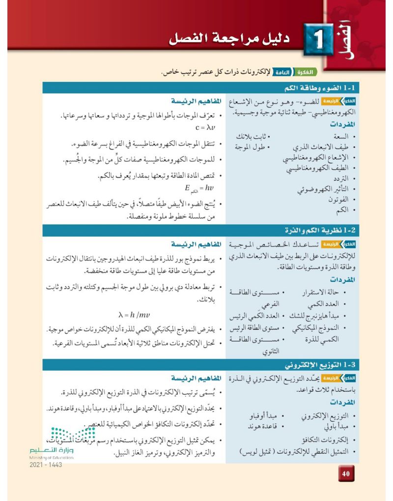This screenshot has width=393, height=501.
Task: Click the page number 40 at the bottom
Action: pyautogui.click(x=345, y=473)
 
